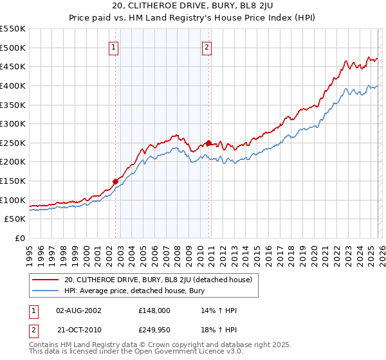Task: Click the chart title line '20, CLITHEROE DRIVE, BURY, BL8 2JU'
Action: [192, 7]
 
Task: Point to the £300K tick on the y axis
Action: [14, 123]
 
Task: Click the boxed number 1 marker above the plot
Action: [113, 46]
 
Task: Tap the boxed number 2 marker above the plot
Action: [207, 46]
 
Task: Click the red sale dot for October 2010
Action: [209, 143]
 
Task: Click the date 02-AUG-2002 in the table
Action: [78, 310]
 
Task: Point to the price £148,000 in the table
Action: [154, 310]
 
